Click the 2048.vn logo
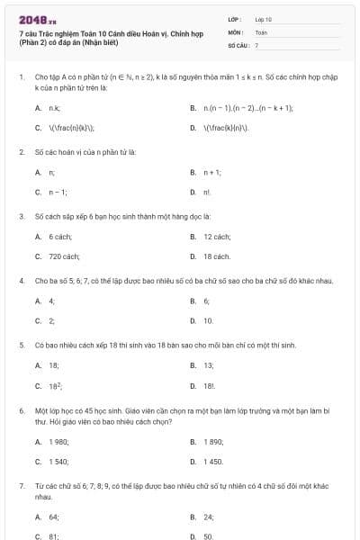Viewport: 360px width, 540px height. [x=33, y=19]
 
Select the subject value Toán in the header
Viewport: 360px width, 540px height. [x=261, y=31]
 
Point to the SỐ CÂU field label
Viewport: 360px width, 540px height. [x=237, y=44]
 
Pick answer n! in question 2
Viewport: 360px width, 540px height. [x=207, y=193]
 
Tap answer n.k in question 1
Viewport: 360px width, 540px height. [x=54, y=108]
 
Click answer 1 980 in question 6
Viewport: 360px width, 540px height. [x=59, y=442]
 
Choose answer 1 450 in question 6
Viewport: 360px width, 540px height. [x=213, y=462]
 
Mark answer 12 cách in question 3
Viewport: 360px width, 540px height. [x=216, y=237]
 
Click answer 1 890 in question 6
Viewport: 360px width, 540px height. [x=213, y=442]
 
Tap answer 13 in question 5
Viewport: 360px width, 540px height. [x=208, y=365]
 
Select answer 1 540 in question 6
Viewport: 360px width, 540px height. [x=59, y=462]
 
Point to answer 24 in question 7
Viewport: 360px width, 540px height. [x=208, y=517]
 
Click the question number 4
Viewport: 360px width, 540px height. [x=22, y=281]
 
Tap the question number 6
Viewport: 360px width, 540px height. [x=22, y=409]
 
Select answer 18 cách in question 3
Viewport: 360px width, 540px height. [x=216, y=256]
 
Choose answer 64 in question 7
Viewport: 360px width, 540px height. [x=54, y=517]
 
